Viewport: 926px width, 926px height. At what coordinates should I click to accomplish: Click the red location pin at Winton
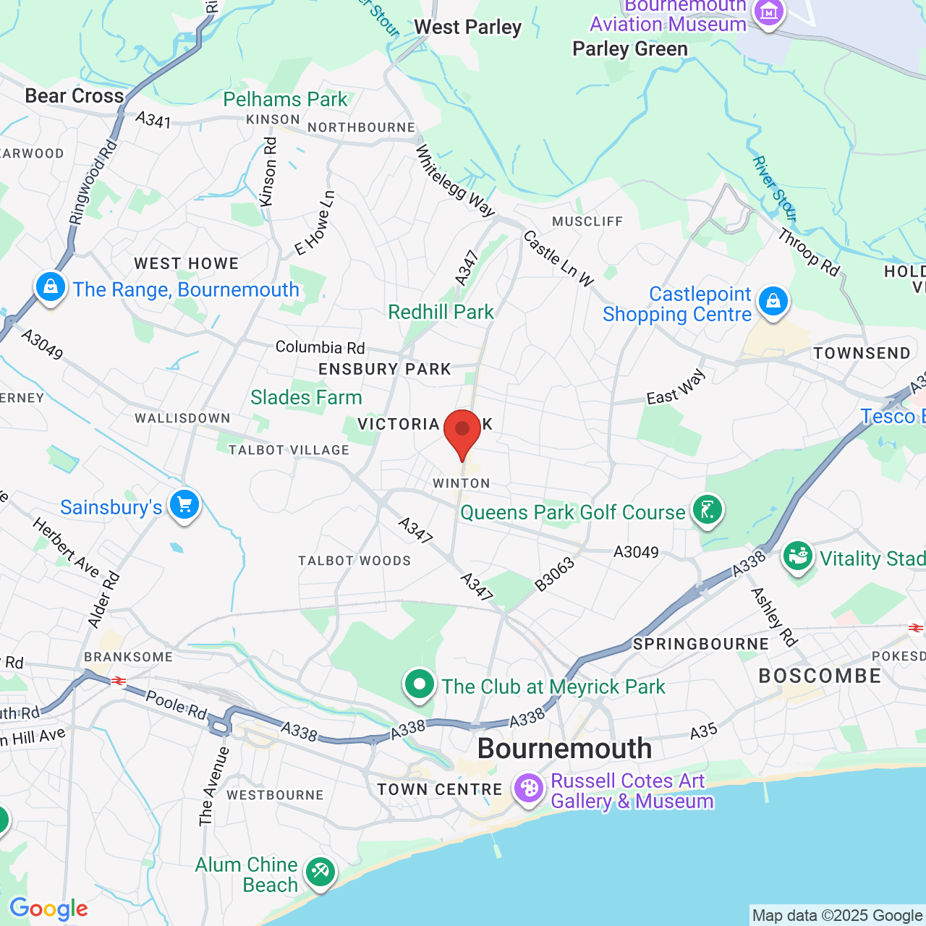[462, 431]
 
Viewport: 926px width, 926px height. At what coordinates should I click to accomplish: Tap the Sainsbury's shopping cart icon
[184, 505]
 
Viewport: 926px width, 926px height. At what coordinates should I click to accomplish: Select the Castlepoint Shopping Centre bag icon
[773, 301]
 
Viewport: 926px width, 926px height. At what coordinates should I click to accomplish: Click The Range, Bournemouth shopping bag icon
[51, 287]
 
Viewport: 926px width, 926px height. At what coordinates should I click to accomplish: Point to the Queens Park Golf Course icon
[707, 511]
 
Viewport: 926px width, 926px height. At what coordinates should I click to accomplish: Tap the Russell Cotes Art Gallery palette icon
[529, 789]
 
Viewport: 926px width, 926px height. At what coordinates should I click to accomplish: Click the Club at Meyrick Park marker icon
[419, 684]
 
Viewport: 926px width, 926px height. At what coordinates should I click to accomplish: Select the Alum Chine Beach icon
[320, 872]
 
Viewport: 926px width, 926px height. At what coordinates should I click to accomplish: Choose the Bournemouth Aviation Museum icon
[768, 12]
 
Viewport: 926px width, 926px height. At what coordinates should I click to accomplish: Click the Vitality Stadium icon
[798, 557]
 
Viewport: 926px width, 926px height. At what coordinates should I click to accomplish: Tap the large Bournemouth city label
[564, 748]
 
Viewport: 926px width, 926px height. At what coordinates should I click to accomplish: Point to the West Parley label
[467, 27]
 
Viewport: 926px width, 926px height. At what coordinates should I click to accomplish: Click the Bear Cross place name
[75, 95]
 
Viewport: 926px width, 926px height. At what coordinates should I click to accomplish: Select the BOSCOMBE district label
[820, 676]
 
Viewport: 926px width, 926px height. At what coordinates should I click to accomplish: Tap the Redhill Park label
[441, 312]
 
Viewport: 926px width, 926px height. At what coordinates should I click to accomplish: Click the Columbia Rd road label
[320, 347]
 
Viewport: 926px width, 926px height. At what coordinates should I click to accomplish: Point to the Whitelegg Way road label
[454, 180]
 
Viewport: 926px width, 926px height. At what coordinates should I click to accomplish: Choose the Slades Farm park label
[306, 397]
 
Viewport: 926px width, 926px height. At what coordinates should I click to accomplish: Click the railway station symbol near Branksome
[118, 681]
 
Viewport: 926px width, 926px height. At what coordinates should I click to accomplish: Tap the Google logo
[48, 909]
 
